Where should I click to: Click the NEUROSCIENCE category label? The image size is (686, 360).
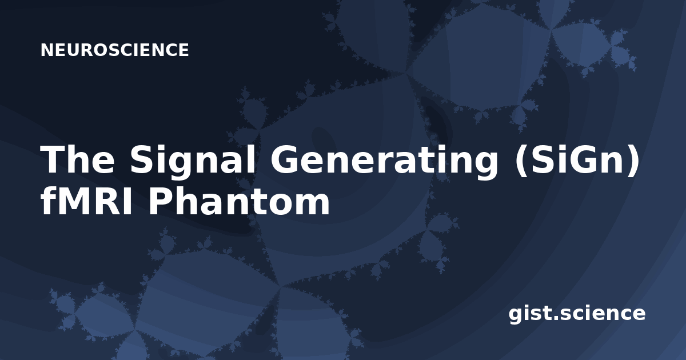(114, 50)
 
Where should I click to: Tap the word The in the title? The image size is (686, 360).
(77, 159)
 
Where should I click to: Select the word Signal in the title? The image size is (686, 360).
(192, 162)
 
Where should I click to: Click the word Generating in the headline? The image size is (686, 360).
(384, 162)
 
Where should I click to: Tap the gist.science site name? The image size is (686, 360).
(577, 314)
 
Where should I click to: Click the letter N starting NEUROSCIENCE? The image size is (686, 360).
(46, 50)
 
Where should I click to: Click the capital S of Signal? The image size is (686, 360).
(142, 159)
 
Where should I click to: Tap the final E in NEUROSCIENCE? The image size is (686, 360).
(184, 50)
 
